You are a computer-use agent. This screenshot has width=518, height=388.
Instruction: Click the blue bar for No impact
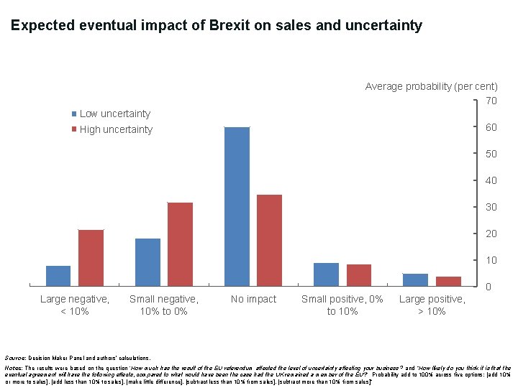pos(237,207)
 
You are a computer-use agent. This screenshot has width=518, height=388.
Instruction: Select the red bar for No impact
pos(269,241)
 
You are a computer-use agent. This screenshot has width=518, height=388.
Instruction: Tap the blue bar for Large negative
pos(58,276)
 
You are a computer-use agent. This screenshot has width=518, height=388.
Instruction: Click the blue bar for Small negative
pos(147,262)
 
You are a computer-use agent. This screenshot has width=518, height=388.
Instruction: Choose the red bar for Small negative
pos(180,244)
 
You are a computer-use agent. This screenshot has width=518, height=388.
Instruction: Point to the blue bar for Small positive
pos(326,274)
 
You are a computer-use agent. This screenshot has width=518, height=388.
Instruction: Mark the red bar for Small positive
pos(358,275)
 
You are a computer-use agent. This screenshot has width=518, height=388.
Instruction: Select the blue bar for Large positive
pos(415,280)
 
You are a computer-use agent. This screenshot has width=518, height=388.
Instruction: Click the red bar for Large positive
pos(447,282)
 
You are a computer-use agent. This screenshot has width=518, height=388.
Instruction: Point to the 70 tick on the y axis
pos(491,101)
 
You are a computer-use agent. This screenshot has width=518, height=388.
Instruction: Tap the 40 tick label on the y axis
pos(491,180)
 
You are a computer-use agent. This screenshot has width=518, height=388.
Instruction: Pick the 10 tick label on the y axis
pos(491,260)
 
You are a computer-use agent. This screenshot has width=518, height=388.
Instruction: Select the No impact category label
pos(253,299)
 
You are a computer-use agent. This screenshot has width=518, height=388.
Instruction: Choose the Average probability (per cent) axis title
pos(431,86)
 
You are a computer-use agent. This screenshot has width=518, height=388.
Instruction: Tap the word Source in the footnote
pos(14,357)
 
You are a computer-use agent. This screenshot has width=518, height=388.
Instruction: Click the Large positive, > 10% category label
pos(432,305)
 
